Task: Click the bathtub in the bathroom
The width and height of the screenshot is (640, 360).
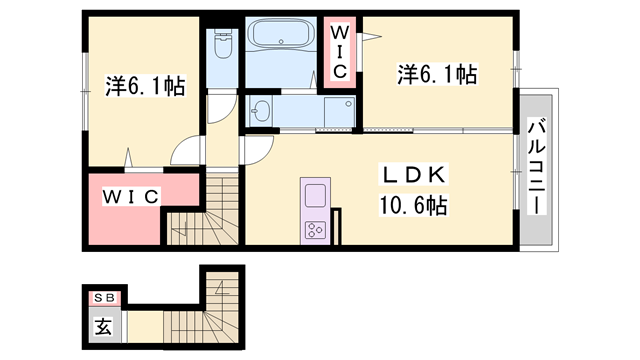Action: pos(279,48)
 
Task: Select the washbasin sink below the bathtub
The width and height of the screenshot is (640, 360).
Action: pos(262,111)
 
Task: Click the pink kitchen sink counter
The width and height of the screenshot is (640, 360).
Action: pos(314,195)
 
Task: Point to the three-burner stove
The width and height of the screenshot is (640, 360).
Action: pos(314,229)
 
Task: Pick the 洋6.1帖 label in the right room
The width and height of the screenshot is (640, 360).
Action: pos(437,74)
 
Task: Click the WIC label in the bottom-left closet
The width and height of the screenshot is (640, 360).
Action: pos(130,197)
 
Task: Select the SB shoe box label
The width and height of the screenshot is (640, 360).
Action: pos(104,298)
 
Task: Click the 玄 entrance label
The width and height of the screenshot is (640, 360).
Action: pos(104,324)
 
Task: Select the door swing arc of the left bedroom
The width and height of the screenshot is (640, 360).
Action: pos(186,152)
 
